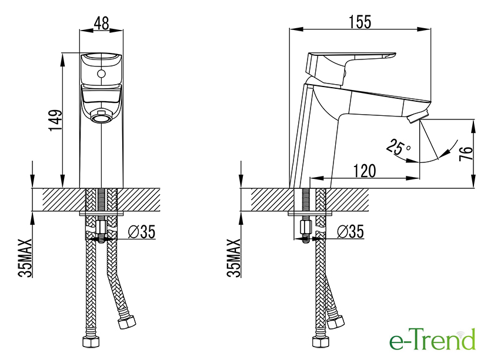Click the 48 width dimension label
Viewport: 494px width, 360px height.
101,23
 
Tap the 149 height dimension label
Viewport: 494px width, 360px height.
55,120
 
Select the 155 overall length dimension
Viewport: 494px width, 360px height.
360,22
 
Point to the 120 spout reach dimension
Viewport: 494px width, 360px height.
365,171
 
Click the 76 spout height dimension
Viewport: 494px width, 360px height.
466,153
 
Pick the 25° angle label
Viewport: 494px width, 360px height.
398,147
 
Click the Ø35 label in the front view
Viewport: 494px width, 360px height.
142,232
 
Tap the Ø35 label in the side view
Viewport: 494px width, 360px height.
351,232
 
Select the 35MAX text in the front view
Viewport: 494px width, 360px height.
25,258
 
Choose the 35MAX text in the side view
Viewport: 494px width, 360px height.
234,258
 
